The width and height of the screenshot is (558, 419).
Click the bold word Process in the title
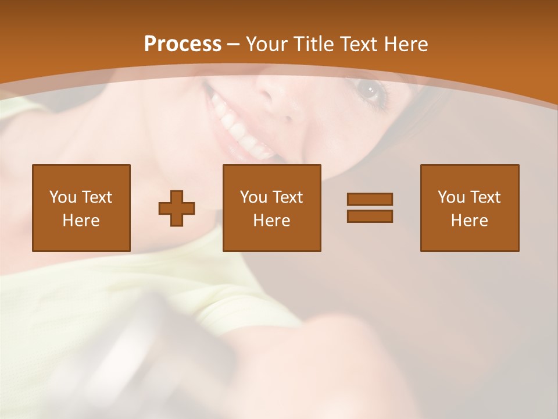point(183,44)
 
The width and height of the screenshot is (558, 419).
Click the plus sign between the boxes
point(177,208)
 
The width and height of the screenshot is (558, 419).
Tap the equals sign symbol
point(370,208)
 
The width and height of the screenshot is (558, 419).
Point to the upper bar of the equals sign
point(370,200)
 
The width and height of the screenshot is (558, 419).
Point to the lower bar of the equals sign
point(370,216)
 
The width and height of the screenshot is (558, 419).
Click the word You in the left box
point(62,197)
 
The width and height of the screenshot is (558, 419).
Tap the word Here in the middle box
point(271,221)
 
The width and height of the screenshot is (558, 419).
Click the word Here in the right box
point(469,221)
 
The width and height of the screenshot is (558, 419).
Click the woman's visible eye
point(369,90)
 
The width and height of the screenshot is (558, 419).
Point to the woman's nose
point(279,99)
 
